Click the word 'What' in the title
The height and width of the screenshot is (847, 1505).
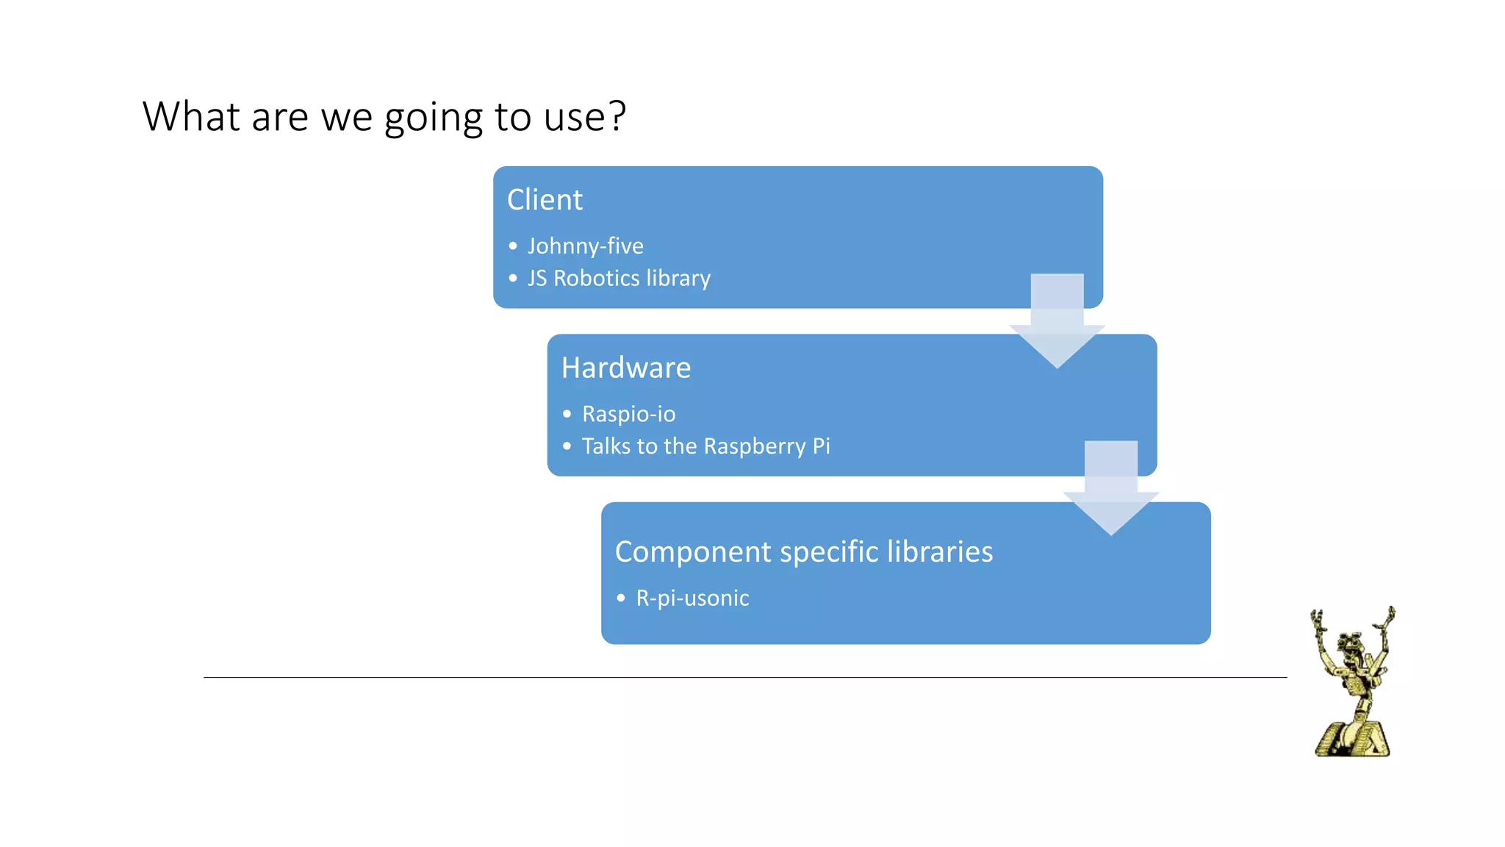[x=190, y=116]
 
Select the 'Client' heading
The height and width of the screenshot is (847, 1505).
[x=545, y=200]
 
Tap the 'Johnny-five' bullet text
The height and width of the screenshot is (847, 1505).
[x=585, y=246]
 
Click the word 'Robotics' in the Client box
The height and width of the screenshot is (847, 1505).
[x=596, y=279]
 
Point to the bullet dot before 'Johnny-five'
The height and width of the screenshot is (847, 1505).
[x=513, y=246]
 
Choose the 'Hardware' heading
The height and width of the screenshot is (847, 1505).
[x=625, y=368]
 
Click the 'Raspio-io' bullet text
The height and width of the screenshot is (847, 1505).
[x=628, y=414]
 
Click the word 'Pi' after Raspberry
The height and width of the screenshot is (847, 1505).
[x=821, y=446]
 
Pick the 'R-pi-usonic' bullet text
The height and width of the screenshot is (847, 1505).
[x=692, y=598]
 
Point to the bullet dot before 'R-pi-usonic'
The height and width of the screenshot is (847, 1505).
[x=621, y=598]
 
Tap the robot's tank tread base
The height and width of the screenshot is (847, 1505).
[x=1352, y=739]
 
